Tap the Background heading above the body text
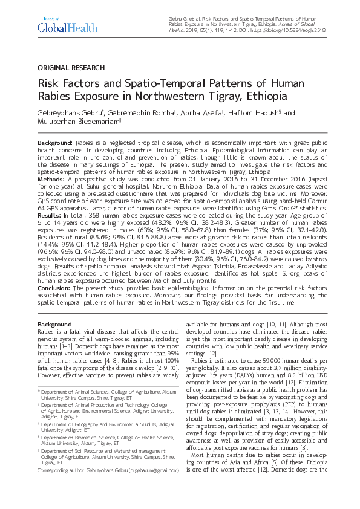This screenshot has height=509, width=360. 54,325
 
